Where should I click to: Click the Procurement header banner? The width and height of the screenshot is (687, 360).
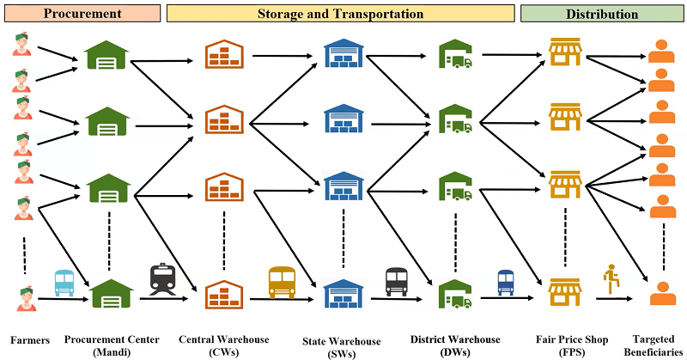(x=80, y=14)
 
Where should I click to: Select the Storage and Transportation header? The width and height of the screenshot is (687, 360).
(x=340, y=14)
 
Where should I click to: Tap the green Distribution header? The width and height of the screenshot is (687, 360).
(x=601, y=14)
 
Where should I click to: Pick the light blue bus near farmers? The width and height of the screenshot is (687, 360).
(x=64, y=282)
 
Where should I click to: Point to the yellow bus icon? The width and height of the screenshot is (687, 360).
(x=282, y=281)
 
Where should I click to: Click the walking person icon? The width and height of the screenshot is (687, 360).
(x=613, y=279)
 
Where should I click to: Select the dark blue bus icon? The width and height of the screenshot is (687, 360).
(x=506, y=282)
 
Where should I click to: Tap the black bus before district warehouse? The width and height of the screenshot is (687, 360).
(x=396, y=281)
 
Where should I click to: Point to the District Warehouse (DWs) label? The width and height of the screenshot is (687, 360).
(x=453, y=345)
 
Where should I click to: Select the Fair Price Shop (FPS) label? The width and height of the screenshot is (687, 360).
(x=562, y=345)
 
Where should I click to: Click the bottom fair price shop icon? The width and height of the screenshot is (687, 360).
(x=565, y=290)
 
